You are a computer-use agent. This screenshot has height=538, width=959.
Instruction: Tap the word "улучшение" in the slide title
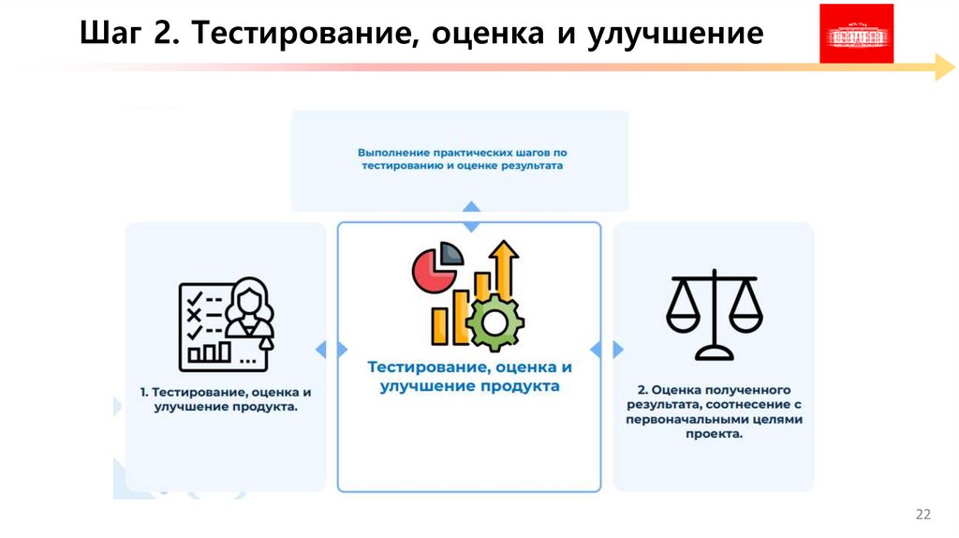click(x=676, y=35)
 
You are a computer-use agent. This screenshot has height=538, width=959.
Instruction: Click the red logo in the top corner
click(x=856, y=34)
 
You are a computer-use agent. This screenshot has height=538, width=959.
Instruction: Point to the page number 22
click(x=922, y=515)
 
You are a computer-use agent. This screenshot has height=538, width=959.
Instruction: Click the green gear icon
click(x=494, y=321)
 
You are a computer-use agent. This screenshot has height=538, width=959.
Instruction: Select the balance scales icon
click(x=714, y=314)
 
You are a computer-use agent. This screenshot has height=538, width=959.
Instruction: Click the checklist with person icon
click(x=226, y=321)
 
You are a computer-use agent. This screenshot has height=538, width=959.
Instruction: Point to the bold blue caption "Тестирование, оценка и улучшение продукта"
click(x=469, y=376)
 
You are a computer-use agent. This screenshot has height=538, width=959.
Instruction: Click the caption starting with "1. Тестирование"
click(x=226, y=398)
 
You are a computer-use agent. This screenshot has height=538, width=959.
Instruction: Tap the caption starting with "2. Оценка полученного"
click(x=714, y=411)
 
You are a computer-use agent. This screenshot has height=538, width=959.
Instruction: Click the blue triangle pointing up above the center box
click(x=472, y=205)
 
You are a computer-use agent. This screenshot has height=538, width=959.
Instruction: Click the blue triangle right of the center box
click(x=618, y=349)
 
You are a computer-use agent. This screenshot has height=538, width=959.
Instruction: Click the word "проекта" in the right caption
click(x=714, y=435)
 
